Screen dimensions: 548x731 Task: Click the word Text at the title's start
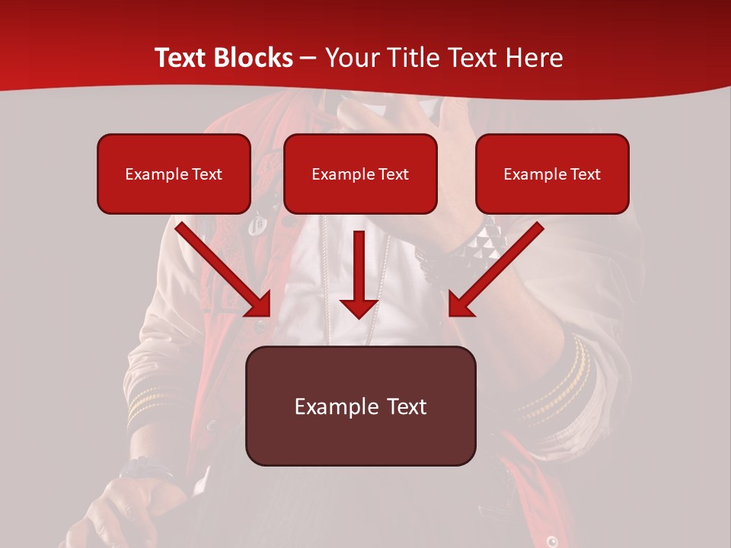coord(184,58)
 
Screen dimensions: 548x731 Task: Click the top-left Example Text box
coord(174,174)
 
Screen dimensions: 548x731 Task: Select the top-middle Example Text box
coord(360,174)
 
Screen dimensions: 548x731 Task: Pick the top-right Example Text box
coord(552,174)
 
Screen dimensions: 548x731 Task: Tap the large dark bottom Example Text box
coord(360,406)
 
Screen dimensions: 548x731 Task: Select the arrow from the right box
coord(495,270)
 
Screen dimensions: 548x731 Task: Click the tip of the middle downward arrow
coord(359,317)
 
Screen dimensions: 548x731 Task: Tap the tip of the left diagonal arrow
coord(269,314)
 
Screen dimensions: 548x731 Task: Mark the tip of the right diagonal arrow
coord(451,314)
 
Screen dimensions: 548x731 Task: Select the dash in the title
coord(308,58)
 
